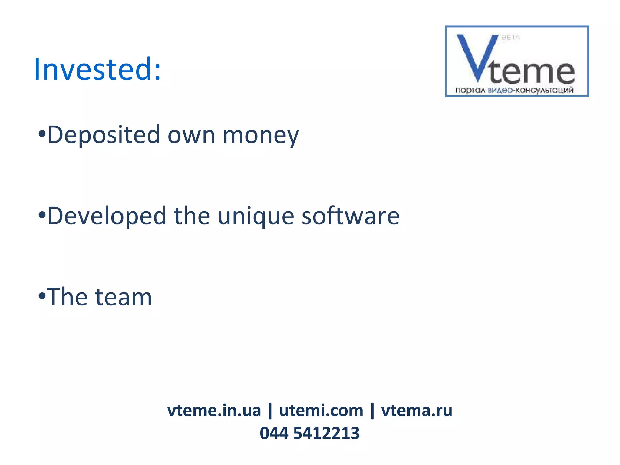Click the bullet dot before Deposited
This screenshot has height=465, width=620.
(42, 134)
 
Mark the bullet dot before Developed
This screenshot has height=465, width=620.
(42, 215)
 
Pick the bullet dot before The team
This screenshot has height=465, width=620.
(42, 296)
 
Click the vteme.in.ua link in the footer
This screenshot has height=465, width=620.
(214, 411)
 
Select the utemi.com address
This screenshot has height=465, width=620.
(321, 411)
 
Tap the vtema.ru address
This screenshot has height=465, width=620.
(417, 411)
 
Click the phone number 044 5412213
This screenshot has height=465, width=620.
(310, 433)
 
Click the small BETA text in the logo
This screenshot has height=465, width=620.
(511, 38)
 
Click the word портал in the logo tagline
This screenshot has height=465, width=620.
(470, 90)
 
